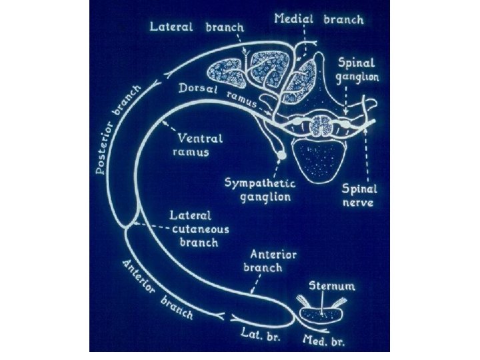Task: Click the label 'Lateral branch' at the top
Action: tap(197, 27)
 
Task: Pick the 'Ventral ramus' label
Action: tap(201, 145)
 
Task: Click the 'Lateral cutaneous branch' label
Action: tap(199, 229)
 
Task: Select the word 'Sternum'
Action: tap(332, 287)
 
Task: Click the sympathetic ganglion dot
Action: tap(282, 155)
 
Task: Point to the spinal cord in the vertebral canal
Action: tap(323, 124)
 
